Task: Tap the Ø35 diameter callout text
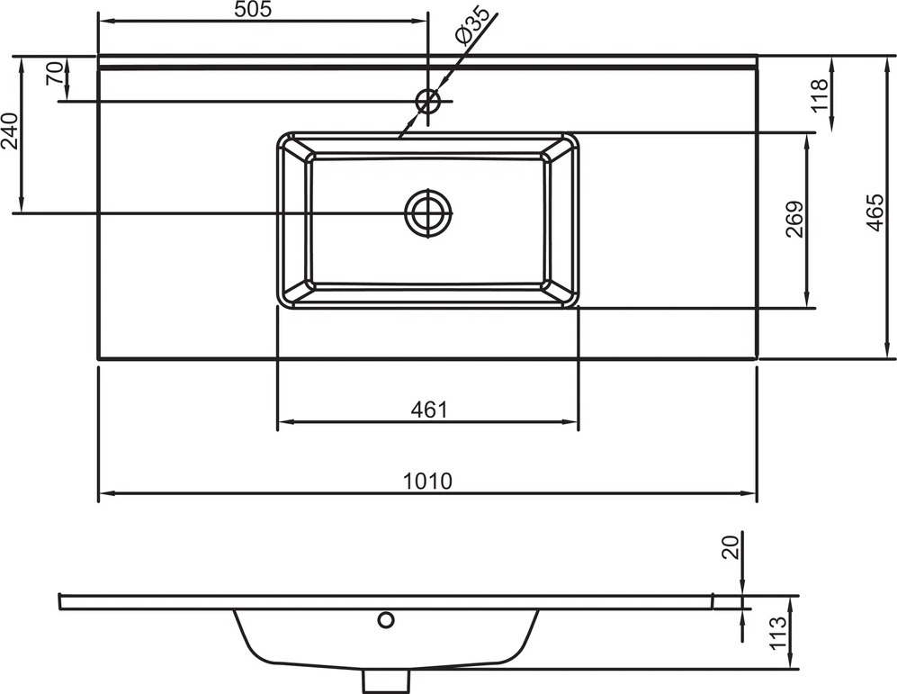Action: point(472,26)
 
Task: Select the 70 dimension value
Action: point(55,73)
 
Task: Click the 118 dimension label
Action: point(820,95)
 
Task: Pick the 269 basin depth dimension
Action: point(794,219)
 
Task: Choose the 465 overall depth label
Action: point(875,212)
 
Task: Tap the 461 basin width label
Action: point(429,410)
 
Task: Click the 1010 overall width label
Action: point(428,482)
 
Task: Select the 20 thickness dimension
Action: point(731,547)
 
